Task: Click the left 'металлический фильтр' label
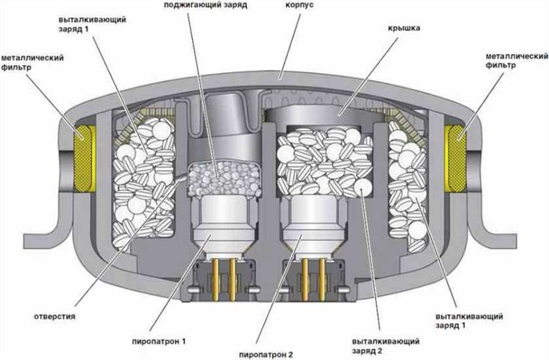[32, 63]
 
